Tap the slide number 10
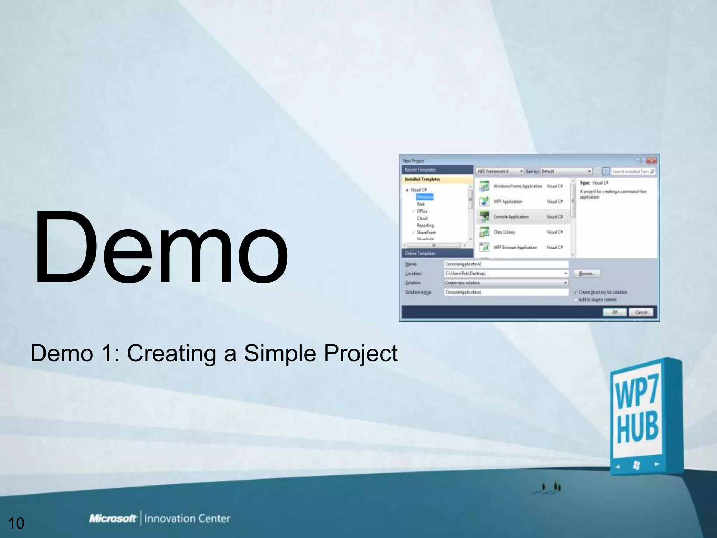16,523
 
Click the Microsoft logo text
113,518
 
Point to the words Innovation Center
187,518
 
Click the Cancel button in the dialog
641,312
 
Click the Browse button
586,273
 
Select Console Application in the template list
511,217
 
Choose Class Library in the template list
504,232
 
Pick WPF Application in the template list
508,201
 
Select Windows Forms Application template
517,186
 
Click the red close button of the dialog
651,161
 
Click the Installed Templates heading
423,179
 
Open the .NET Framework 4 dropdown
500,171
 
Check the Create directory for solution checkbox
575,292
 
